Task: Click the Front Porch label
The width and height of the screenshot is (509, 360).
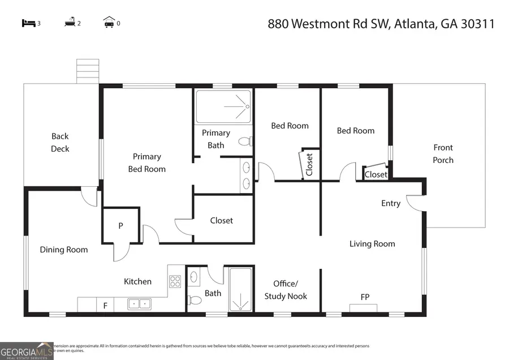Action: (x=443, y=153)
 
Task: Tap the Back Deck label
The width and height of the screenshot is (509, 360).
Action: (x=60, y=142)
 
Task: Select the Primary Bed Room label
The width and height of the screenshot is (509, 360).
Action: (x=146, y=162)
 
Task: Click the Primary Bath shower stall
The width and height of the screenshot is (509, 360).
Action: (x=223, y=106)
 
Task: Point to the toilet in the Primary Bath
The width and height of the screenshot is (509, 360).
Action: (x=244, y=142)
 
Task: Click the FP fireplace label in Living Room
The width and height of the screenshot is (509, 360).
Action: (x=365, y=297)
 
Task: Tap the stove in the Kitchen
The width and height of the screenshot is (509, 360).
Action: (x=175, y=281)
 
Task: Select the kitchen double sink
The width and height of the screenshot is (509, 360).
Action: (x=139, y=304)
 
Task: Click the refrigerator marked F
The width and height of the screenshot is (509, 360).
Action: (x=105, y=306)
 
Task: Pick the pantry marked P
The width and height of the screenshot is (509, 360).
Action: (x=120, y=225)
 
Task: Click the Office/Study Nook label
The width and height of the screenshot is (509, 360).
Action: (x=286, y=290)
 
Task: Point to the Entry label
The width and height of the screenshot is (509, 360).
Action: (x=390, y=203)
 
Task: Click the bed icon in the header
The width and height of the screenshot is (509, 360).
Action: (x=28, y=23)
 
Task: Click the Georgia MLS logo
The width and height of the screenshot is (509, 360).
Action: (x=27, y=351)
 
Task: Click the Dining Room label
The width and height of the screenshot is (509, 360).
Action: (x=63, y=250)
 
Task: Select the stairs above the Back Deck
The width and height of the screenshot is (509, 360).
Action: (x=88, y=71)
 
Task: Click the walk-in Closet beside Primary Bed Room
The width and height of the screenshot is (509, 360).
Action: (x=222, y=220)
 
